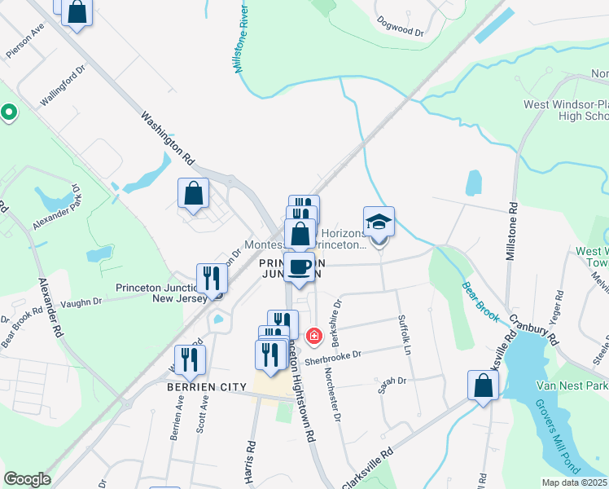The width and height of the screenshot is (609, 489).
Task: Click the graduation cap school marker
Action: coord(379,222)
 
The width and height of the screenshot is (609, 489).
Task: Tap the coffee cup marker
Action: coord(300,267)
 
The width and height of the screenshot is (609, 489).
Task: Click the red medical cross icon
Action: coord(313,335)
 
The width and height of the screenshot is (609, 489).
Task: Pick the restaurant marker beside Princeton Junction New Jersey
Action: coord(211,278)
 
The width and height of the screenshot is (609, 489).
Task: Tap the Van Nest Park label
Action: coord(572,385)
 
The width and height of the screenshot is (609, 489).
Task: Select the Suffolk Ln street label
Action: coord(404,335)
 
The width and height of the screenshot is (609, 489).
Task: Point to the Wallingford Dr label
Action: coord(64,89)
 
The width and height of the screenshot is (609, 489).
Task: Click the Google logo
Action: coord(27,478)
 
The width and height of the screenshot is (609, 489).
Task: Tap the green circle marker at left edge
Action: coord(9,112)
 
